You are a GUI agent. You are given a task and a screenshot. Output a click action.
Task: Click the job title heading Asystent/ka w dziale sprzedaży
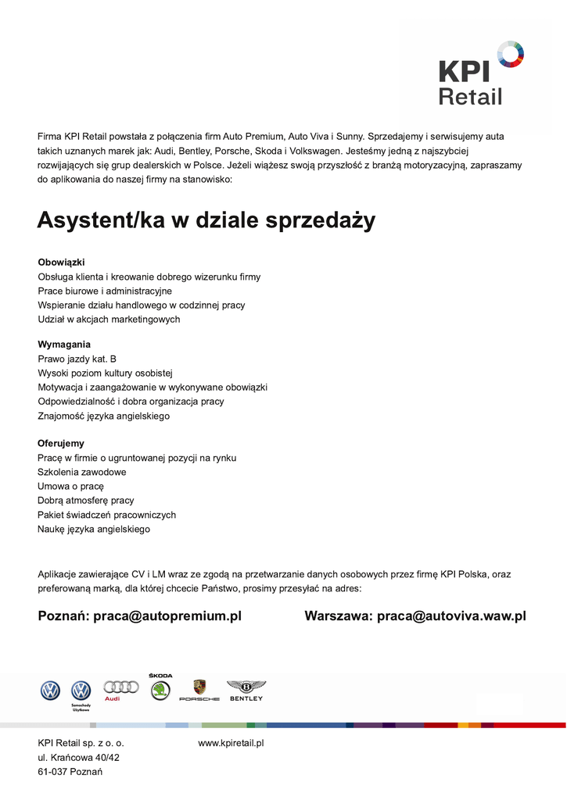coord(206,221)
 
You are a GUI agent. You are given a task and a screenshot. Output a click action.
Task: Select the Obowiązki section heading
coord(61,262)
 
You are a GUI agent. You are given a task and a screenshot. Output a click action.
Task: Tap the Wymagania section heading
coord(64,345)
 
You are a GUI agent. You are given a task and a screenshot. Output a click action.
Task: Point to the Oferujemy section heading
coord(61,444)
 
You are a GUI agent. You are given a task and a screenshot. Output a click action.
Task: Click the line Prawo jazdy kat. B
coord(77,359)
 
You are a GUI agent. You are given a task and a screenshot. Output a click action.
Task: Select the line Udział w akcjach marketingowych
coord(109,320)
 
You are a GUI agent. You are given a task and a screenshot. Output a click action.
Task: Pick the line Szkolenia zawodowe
coord(81,473)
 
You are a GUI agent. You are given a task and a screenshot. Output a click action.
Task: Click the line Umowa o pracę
coord(70,487)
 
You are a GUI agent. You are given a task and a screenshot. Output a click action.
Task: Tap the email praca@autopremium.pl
coord(167,616)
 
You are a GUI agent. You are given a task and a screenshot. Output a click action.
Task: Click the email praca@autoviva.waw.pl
coord(451,616)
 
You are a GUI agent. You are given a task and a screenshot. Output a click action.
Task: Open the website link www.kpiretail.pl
coord(231,744)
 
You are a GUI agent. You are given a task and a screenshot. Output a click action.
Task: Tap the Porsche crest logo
coord(199,688)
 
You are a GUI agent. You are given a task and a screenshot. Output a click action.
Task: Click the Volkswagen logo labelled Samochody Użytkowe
coord(81,692)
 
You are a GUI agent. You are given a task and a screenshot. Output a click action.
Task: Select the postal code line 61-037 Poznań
coord(70,772)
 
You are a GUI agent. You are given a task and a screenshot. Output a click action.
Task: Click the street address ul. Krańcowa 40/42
coord(78,758)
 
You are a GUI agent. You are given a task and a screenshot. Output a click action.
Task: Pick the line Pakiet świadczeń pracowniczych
coord(106,516)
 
